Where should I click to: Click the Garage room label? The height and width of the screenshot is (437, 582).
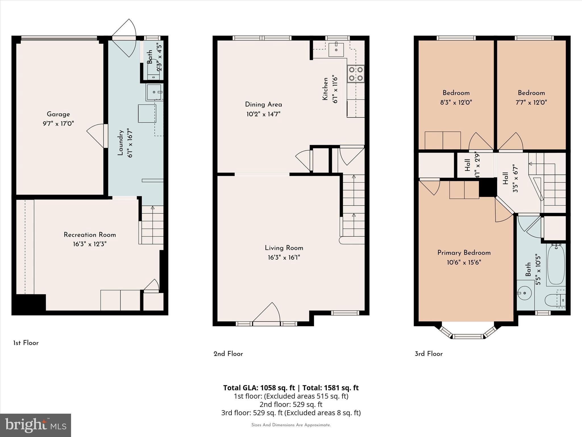[x=58, y=114]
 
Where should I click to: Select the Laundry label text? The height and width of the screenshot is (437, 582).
[x=120, y=143]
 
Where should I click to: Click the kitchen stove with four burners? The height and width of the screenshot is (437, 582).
[x=356, y=74]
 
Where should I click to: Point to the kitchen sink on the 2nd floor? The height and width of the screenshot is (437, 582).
[x=336, y=50]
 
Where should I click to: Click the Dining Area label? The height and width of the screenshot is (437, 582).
[x=263, y=104]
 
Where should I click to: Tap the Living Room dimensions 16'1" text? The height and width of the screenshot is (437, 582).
[x=284, y=257]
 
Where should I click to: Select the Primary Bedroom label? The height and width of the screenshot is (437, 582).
[x=464, y=253]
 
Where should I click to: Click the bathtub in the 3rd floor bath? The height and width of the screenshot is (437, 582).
[x=556, y=265]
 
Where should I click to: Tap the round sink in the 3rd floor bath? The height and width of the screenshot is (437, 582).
[x=525, y=293]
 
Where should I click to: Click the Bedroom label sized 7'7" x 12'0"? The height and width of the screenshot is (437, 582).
[x=531, y=93]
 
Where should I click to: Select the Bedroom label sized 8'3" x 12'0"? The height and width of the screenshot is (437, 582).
[x=456, y=93]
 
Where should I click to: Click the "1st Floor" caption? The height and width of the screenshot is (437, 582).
[x=26, y=343]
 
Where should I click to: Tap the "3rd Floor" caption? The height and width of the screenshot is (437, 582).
[x=429, y=354]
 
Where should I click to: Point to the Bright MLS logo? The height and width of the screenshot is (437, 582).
[x=35, y=425]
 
